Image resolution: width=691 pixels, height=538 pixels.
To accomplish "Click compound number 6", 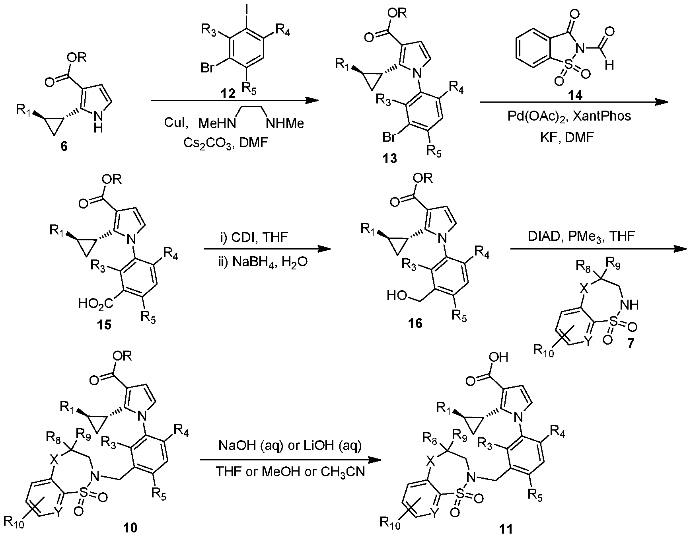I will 64,146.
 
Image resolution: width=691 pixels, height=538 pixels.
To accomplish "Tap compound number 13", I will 389,159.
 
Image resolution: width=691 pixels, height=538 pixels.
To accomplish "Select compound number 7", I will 632,343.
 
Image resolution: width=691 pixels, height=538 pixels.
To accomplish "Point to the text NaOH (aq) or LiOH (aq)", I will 290,446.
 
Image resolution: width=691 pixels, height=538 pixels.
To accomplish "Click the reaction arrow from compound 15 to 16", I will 267,250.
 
